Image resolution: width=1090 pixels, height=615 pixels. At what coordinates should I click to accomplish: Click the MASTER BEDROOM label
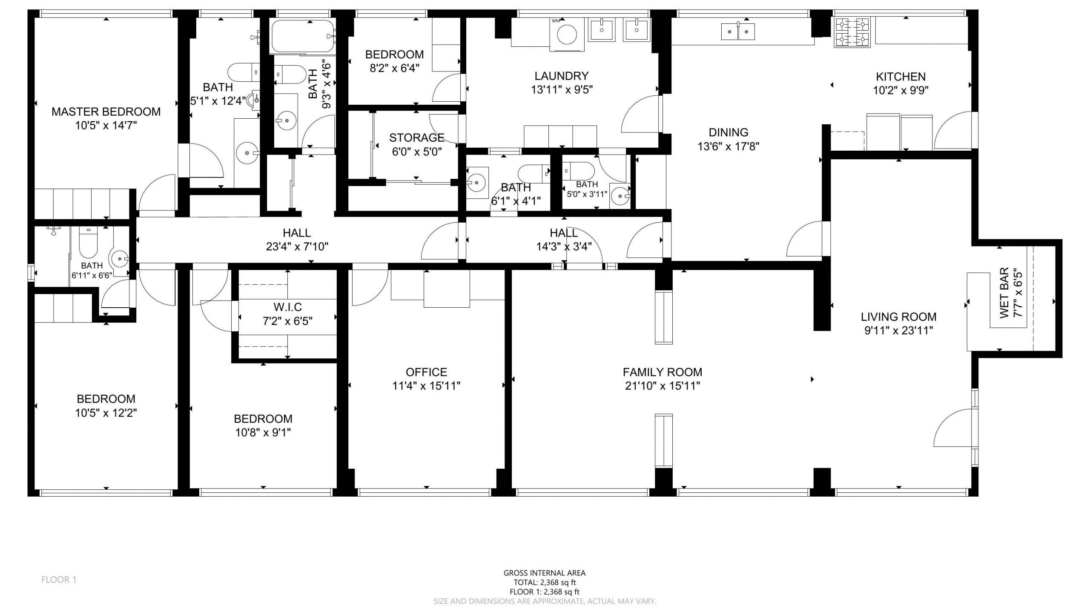[x=106, y=112]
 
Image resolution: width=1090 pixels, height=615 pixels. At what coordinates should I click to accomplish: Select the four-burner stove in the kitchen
[x=853, y=32]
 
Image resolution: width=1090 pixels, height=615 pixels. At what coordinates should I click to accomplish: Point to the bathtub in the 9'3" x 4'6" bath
[x=302, y=37]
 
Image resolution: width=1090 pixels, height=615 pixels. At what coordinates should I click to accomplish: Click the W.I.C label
[x=287, y=307]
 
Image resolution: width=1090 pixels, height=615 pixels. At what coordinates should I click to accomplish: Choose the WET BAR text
[x=1004, y=293]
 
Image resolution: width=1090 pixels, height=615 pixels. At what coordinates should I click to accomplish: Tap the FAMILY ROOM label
[x=662, y=372]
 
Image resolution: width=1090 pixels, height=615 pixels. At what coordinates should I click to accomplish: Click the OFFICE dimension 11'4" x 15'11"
[x=426, y=386]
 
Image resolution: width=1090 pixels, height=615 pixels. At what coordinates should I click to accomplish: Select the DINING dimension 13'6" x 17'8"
[x=729, y=146]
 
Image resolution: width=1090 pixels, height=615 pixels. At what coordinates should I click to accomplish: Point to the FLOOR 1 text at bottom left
[x=59, y=580]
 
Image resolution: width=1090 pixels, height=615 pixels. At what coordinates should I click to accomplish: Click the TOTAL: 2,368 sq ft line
[x=545, y=583]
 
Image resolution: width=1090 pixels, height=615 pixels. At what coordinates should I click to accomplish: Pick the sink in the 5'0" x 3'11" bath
[x=620, y=196]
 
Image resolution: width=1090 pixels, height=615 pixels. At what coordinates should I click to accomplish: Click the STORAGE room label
[x=417, y=137]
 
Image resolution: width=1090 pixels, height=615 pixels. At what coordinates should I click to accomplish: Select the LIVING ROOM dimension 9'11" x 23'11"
[x=898, y=331]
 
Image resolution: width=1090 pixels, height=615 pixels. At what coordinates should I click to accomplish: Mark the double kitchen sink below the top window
[x=738, y=31]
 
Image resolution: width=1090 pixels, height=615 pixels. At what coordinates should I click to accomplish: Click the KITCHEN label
[x=901, y=77]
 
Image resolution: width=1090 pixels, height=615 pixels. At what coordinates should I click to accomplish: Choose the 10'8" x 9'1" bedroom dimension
[x=263, y=433]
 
